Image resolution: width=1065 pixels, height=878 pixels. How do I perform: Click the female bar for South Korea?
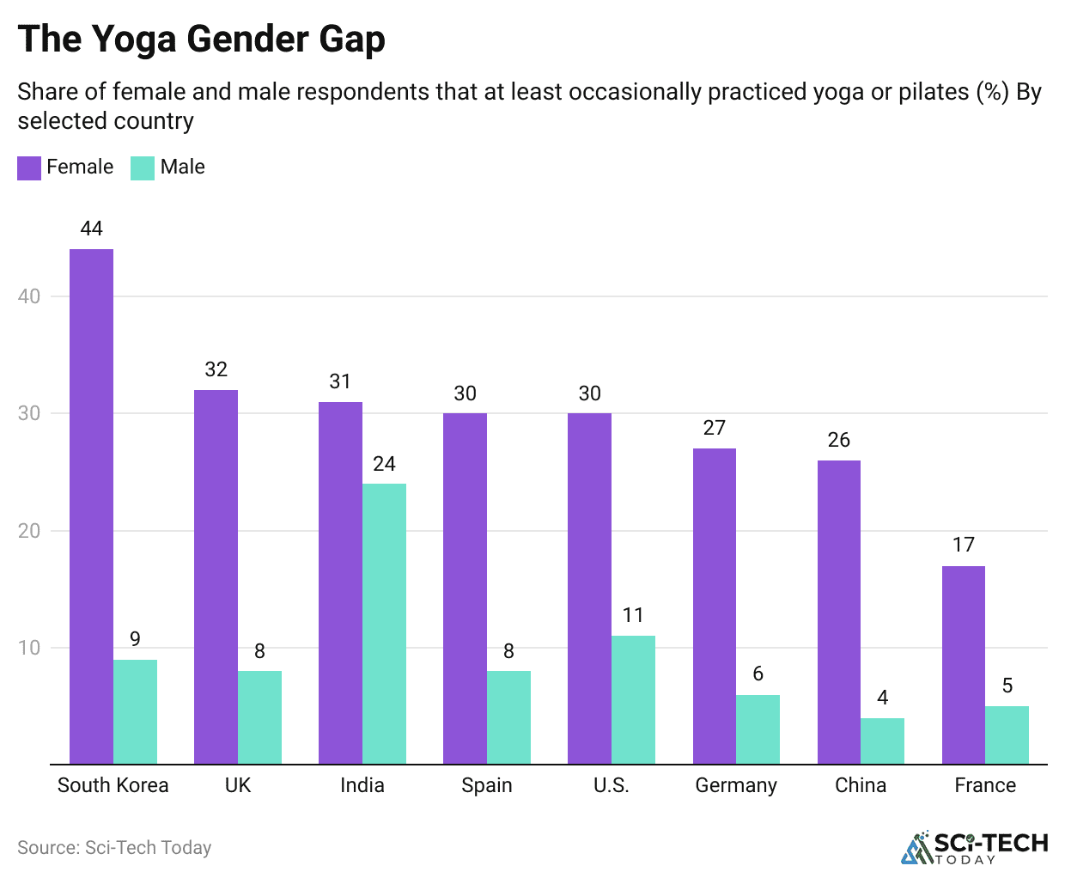click(x=91, y=506)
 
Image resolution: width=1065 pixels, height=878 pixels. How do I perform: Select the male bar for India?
click(x=384, y=624)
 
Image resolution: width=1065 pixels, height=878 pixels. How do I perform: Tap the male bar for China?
click(x=882, y=741)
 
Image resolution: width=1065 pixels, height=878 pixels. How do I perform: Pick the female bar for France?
click(x=963, y=665)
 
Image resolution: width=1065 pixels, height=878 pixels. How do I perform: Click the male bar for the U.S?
click(x=633, y=699)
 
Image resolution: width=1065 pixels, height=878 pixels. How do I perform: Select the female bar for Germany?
click(x=714, y=606)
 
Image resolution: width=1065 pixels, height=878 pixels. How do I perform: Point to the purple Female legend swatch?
click(x=29, y=168)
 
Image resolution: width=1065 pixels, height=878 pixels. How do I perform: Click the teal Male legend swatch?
click(x=143, y=168)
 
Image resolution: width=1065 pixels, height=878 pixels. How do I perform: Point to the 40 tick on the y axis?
click(x=29, y=296)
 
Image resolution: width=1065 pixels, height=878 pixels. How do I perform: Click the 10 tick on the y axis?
click(x=29, y=648)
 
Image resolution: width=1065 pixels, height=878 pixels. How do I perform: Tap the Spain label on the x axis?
click(x=486, y=785)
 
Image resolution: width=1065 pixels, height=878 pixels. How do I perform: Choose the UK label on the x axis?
click(x=238, y=785)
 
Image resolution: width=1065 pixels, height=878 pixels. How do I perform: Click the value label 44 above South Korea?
click(x=91, y=229)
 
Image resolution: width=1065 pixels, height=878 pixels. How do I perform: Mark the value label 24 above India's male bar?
click(x=384, y=464)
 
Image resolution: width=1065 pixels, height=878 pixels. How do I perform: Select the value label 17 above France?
click(x=963, y=545)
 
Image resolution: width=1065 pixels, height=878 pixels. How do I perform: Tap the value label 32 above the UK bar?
click(x=216, y=369)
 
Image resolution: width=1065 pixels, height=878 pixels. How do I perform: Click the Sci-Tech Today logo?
click(x=974, y=847)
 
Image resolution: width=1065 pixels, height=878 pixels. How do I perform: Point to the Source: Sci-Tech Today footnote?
click(x=114, y=848)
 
